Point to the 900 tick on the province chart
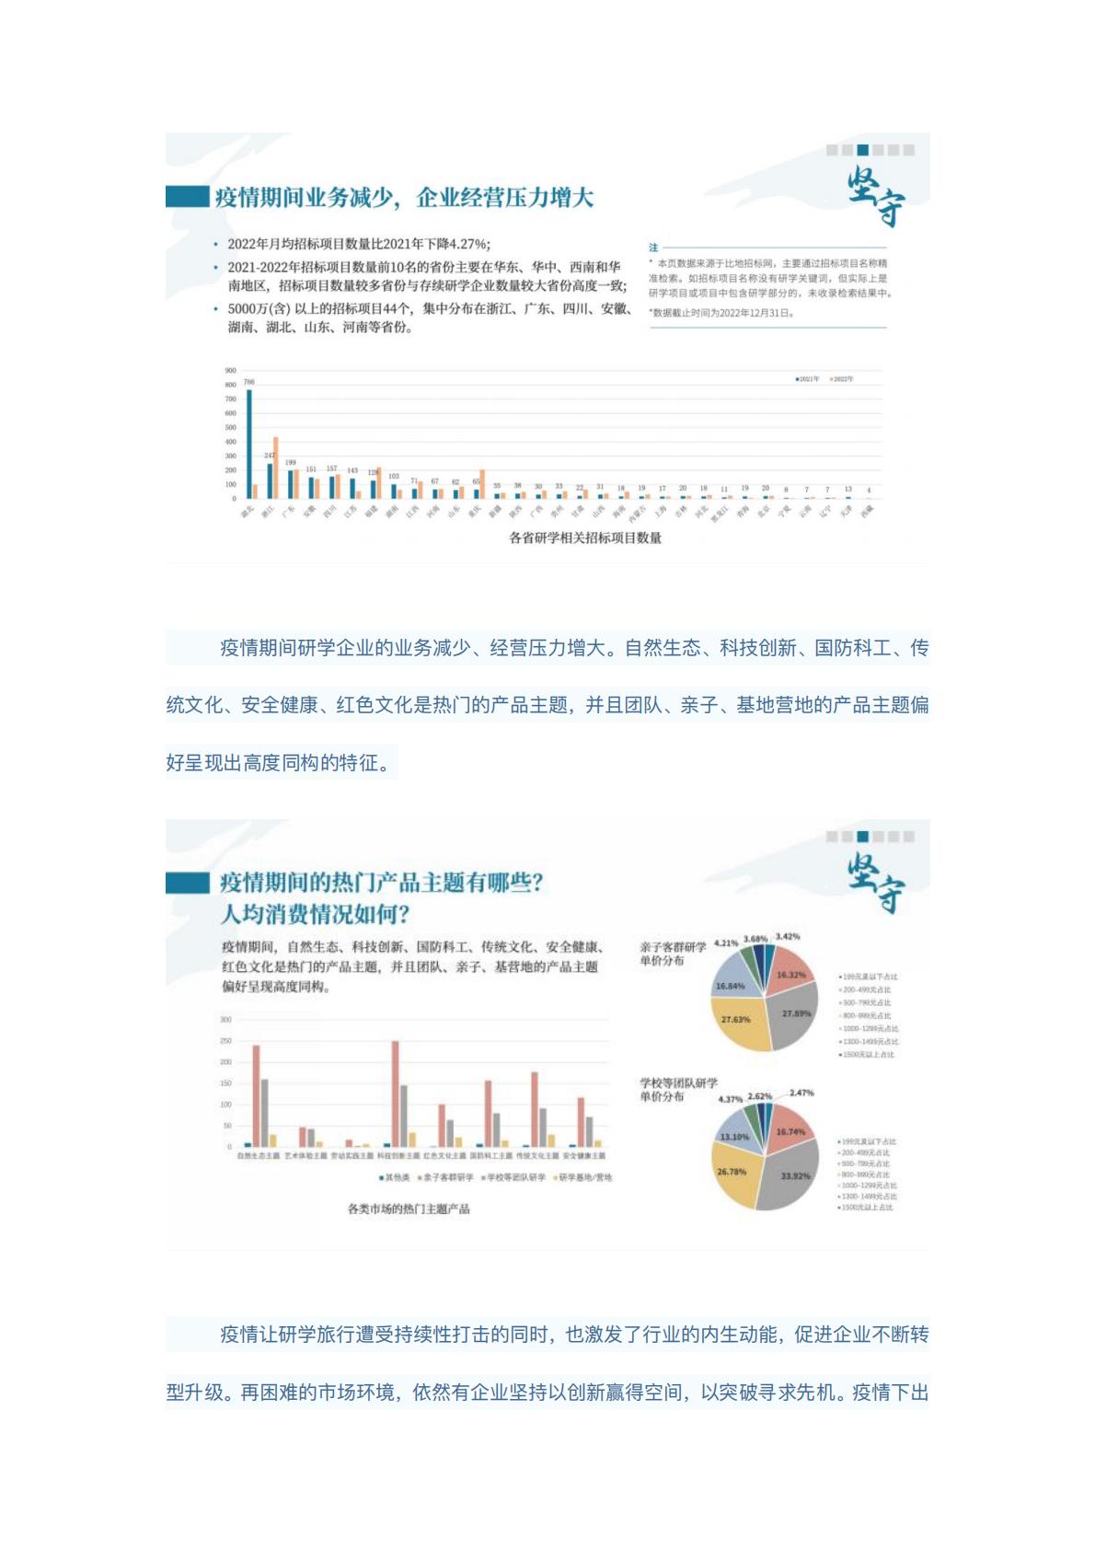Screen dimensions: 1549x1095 [230, 371]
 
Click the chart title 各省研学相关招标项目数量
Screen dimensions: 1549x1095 [585, 538]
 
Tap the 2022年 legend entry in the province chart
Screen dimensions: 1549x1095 [841, 379]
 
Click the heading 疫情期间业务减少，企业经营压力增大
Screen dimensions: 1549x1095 [404, 198]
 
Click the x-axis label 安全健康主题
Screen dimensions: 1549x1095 [584, 1156]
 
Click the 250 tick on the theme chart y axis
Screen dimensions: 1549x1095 [225, 1041]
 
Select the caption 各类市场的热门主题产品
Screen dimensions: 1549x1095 [409, 1208]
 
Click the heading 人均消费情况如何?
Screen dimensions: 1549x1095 [315, 915]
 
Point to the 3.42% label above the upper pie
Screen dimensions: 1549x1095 [788, 937]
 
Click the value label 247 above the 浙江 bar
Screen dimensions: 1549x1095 [270, 456]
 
